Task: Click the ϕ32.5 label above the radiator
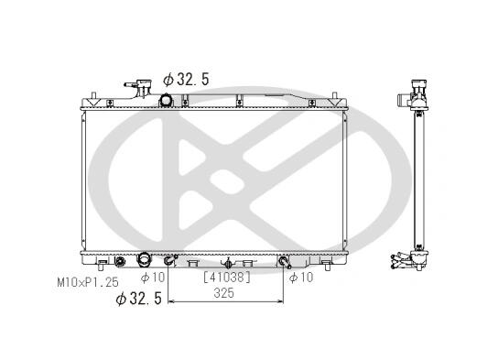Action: (186, 80)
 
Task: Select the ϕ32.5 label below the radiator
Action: (139, 299)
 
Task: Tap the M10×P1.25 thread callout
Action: (88, 282)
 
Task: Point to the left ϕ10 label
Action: (153, 278)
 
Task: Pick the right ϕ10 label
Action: (301, 278)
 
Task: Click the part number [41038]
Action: (227, 278)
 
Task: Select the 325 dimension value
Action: (224, 293)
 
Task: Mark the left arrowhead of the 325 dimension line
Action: (171, 300)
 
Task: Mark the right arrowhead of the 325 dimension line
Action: (280, 300)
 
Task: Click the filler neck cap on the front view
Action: (144, 84)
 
